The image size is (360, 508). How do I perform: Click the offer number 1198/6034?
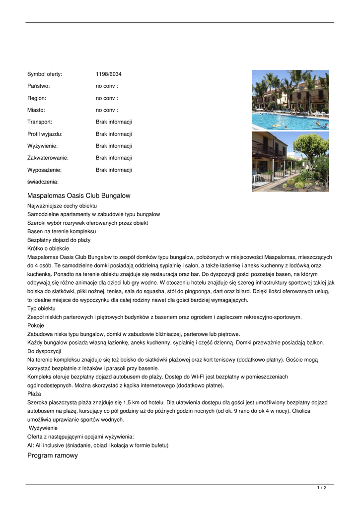pyautogui.click(x=108, y=74)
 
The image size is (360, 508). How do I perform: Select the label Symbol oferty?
pyautogui.click(x=45, y=74)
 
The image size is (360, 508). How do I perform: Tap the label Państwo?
pyautogui.click(x=39, y=86)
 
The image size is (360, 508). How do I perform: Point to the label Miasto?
pyautogui.click(x=36, y=110)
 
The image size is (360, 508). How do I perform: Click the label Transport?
pyautogui.click(x=40, y=122)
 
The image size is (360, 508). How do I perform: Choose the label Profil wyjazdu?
pyautogui.click(x=45, y=134)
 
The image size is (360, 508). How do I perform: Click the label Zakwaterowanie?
pyautogui.click(x=48, y=158)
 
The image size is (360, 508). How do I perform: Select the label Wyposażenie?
pyautogui.click(x=44, y=170)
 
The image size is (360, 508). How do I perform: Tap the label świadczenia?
pyautogui.click(x=43, y=182)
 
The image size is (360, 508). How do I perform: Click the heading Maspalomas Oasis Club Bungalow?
pyautogui.click(x=79, y=195)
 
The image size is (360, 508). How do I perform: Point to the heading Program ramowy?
pyautogui.click(x=53, y=455)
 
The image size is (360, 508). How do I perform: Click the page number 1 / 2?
pyautogui.click(x=322, y=488)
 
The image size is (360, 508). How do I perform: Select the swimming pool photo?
pyautogui.click(x=290, y=100)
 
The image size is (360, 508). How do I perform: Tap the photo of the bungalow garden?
pyautogui.click(x=290, y=161)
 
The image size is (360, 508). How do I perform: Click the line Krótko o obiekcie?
pyautogui.click(x=48, y=248)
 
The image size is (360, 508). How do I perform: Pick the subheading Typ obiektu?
pyautogui.click(x=41, y=309)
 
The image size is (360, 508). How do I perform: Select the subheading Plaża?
pyautogui.click(x=34, y=393)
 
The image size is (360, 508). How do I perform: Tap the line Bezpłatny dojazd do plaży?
pyautogui.click(x=59, y=240)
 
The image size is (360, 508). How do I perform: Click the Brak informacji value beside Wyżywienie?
pyautogui.click(x=114, y=146)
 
